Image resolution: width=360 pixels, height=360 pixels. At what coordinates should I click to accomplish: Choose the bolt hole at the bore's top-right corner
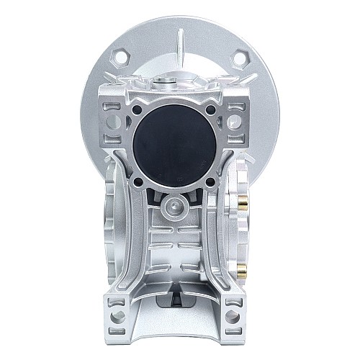click(212, 110)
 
